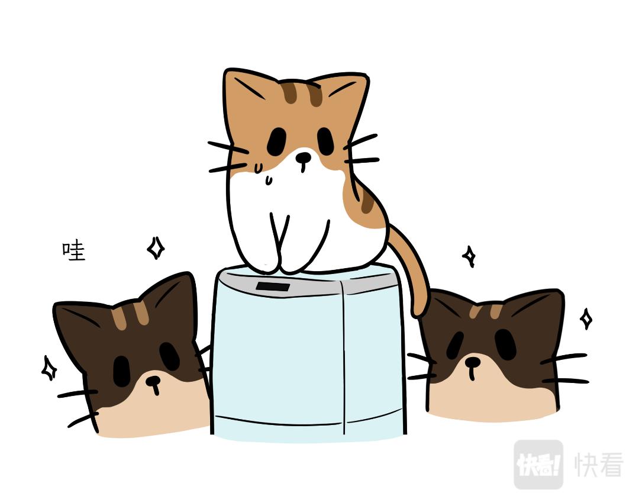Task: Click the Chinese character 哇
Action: (x=74, y=251)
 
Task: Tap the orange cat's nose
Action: (x=303, y=157)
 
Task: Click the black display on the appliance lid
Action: (x=273, y=286)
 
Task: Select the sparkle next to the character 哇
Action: (x=156, y=248)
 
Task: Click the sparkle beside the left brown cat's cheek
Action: (x=49, y=368)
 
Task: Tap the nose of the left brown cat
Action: (x=153, y=381)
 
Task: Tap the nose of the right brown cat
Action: (x=473, y=362)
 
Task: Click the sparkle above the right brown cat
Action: (x=469, y=256)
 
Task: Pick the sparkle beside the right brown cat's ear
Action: (x=586, y=319)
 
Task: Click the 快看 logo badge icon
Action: (x=538, y=464)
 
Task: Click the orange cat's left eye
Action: (x=277, y=141)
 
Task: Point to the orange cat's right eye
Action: (x=325, y=141)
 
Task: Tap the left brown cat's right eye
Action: (x=169, y=356)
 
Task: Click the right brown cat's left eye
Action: (x=455, y=345)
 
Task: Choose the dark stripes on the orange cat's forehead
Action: (x=302, y=94)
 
